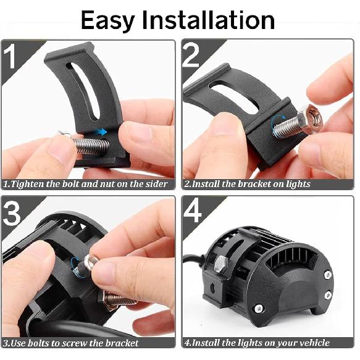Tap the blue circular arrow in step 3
77,266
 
